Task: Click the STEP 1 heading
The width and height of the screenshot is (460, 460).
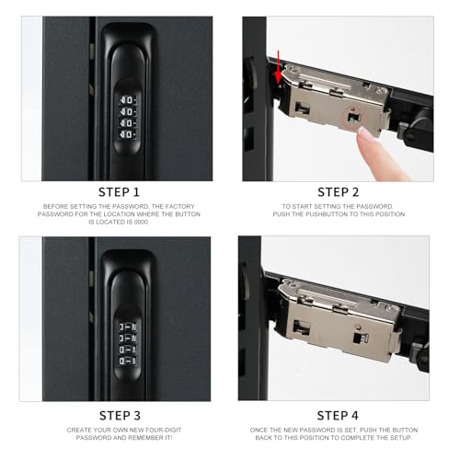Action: [119, 192]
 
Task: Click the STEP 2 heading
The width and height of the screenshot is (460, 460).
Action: [339, 192]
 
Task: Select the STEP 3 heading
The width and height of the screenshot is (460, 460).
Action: [120, 416]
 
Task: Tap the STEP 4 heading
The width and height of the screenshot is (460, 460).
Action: [338, 416]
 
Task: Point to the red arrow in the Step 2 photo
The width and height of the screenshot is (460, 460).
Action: [278, 67]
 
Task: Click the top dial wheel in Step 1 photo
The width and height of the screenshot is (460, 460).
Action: [128, 100]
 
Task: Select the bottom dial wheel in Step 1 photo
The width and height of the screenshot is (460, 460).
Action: [128, 134]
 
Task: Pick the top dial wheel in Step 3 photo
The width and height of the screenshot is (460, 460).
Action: [128, 328]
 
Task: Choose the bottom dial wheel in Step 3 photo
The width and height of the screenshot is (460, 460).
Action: [128, 361]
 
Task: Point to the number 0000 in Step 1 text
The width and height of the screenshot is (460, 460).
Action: [141, 222]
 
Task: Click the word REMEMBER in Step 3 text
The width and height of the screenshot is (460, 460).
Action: [145, 438]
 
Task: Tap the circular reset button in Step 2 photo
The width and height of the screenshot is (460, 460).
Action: [353, 118]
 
